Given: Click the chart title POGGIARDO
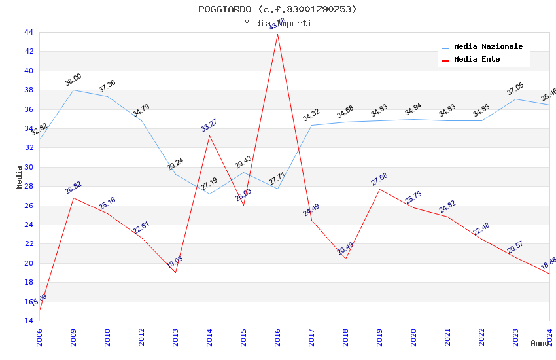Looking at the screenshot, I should click(277, 9).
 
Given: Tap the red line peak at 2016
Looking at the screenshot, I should click(277, 34).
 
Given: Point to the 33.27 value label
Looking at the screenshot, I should click(209, 126).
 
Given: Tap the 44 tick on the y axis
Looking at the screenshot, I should click(28, 32).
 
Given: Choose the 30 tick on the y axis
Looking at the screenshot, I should click(28, 167).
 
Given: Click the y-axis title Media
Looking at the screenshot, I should click(20, 177).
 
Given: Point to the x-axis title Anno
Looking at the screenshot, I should click(540, 343).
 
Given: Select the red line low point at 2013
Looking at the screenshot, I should click(175, 272).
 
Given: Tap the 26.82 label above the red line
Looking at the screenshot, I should click(73, 188).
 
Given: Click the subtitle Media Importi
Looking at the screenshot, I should click(277, 24).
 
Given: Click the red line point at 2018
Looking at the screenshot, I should click(345, 259).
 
